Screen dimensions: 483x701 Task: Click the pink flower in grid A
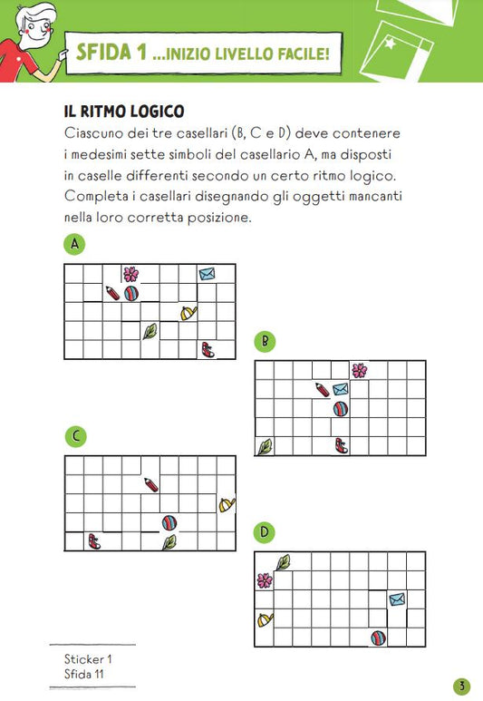point(130,274)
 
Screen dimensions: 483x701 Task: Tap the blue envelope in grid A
point(207,274)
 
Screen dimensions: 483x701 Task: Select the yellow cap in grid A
point(188,313)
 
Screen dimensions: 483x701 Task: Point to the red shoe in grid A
point(208,350)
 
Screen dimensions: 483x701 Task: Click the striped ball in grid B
point(341,409)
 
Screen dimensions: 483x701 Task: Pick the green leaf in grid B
point(265,446)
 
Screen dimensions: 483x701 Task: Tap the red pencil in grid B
point(322,390)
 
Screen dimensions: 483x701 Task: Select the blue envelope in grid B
point(341,389)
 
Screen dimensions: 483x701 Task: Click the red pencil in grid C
point(151,484)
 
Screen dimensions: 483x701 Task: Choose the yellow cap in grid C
point(227,505)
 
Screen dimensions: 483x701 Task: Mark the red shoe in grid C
point(94,541)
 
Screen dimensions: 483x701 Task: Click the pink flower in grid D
point(265,580)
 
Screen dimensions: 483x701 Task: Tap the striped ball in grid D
point(379,638)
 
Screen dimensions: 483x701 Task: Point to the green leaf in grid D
point(284,562)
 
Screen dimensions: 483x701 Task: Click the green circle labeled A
point(74,244)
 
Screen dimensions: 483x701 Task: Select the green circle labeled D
point(265,532)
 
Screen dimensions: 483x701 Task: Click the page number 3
point(462,686)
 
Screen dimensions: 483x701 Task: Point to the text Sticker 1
point(88,659)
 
